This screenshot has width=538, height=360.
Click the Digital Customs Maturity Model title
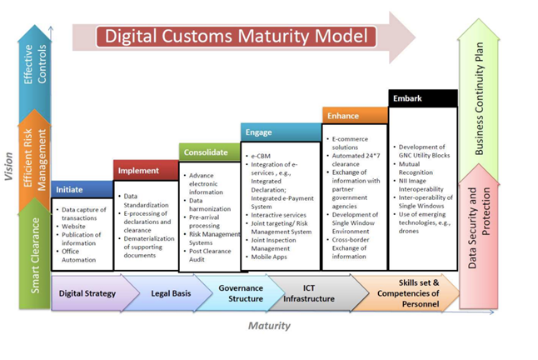236,37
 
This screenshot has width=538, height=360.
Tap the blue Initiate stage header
81,190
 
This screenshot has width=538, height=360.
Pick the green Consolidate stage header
207,152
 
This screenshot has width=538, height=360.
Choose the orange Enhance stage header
353,116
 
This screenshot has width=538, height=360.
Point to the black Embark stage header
423,98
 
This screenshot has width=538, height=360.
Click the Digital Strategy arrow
92,293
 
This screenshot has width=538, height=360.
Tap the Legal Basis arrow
167,293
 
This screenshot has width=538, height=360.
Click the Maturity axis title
269,326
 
